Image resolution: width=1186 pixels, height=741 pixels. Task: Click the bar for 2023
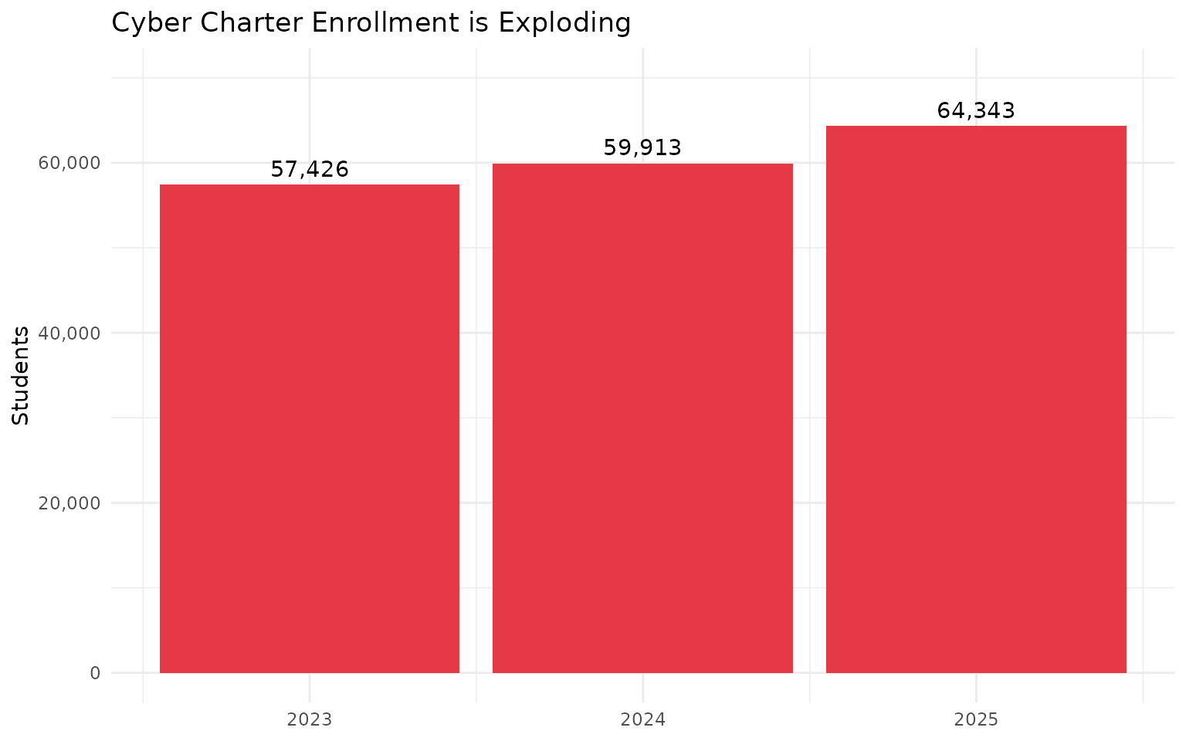310,428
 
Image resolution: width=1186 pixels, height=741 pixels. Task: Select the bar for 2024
642,418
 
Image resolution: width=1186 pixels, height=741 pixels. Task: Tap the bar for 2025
976,399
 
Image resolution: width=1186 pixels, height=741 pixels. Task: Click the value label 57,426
310,170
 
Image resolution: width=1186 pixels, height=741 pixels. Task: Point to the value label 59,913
642,148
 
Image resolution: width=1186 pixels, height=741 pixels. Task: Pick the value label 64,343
976,111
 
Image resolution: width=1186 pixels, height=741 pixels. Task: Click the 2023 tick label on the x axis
310,720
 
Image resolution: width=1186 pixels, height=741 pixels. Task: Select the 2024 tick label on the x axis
642,720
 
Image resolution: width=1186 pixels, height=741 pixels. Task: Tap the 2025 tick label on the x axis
976,720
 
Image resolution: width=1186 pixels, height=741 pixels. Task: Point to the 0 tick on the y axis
95,672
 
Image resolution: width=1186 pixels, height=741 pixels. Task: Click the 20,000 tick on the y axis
69,502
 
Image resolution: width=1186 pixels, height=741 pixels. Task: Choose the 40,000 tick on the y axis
69,333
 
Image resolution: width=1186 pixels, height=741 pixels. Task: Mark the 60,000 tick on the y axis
69,163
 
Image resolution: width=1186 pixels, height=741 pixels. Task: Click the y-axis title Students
22,375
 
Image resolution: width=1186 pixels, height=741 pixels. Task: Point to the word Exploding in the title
564,23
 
